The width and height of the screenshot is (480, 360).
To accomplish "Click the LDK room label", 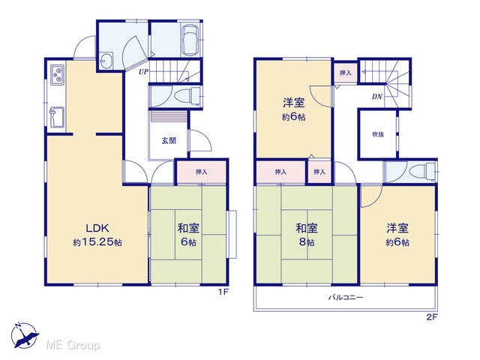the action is point(97,228).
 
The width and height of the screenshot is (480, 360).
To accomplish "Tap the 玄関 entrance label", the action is point(169,141).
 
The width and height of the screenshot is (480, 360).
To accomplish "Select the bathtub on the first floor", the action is point(190,40).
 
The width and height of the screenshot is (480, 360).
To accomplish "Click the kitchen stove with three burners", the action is point(57,75).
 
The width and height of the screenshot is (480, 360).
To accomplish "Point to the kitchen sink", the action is point(57,117).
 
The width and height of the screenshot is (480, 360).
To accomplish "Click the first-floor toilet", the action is point(187,95).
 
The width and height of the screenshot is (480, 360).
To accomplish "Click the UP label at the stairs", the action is point(143,72).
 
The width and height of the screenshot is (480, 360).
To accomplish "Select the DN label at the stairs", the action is point(377,97).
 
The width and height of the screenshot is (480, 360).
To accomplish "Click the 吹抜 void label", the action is point(378,134).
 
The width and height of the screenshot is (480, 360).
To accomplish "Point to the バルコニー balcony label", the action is point(346,297).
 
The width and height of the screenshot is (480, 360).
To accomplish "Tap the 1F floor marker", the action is point(223,292).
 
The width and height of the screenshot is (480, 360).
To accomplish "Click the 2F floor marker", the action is point(432,317).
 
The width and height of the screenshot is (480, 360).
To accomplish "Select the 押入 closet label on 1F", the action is point(202,172).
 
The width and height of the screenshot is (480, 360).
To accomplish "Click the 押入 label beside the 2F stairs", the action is point(345,73).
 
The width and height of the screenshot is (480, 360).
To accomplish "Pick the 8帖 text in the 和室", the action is point(307,242).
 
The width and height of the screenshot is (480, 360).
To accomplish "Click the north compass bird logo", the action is point(25,336).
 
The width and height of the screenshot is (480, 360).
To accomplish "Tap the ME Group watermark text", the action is point(73,345).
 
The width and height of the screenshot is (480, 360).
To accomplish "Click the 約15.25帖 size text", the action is point(97,242).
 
